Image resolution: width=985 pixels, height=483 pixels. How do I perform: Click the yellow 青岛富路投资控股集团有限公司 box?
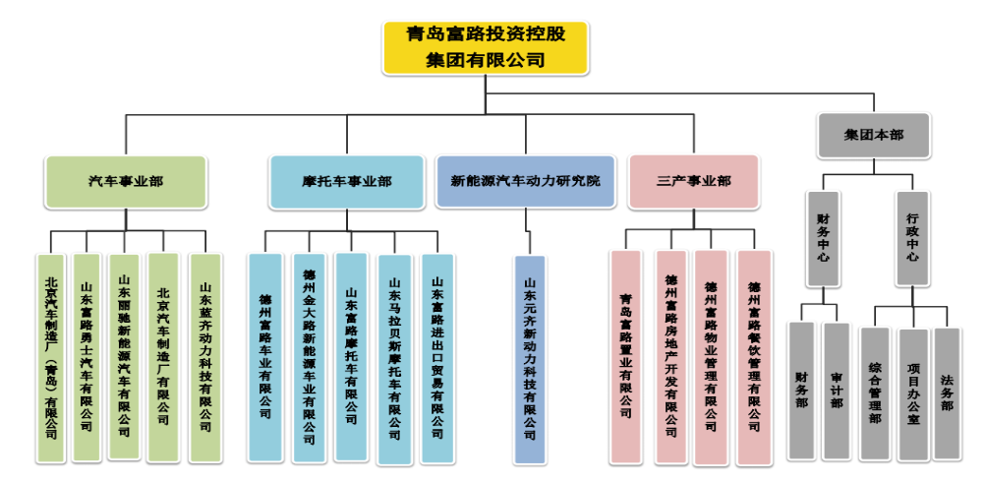(485, 47)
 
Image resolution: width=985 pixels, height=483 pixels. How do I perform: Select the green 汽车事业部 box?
(126, 182)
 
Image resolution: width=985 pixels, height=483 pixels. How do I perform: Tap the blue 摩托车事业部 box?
(347, 182)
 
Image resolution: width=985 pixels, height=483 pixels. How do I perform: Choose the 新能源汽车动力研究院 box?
(526, 182)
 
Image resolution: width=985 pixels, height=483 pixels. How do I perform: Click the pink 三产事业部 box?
(694, 182)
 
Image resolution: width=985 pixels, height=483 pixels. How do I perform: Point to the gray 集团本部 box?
(874, 135)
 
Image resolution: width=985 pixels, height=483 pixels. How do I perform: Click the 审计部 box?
(836, 391)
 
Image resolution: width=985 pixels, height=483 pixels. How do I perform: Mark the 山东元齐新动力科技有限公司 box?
(529, 359)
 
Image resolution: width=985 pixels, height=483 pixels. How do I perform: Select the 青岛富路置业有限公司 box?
(625, 357)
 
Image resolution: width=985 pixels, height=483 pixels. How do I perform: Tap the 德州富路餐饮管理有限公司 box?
(754, 357)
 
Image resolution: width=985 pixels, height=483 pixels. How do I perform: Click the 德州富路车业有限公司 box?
(264, 357)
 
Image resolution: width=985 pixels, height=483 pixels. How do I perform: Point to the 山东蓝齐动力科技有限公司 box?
(205, 357)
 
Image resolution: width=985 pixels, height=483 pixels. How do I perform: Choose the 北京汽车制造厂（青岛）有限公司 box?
(50, 357)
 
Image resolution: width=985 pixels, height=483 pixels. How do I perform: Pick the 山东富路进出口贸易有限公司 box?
(437, 357)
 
